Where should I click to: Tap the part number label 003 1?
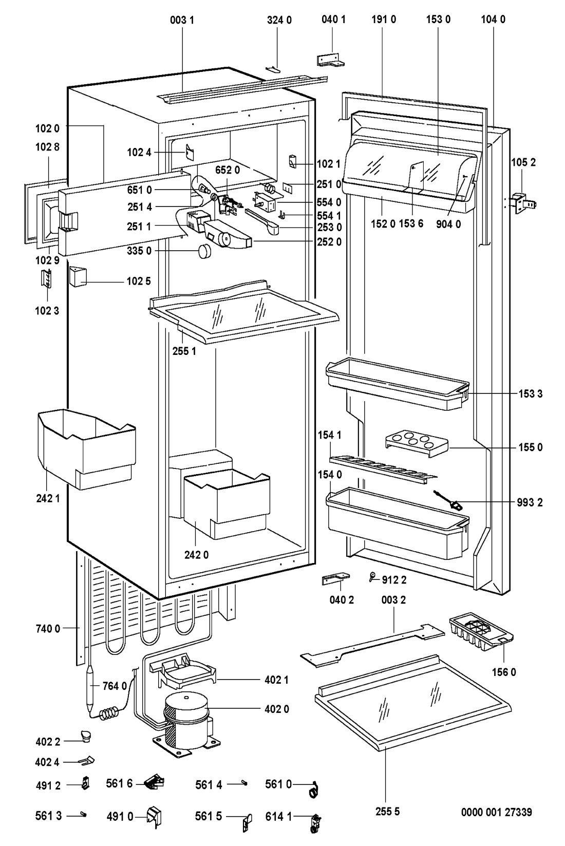[x=182, y=20]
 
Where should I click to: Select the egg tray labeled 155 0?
[x=417, y=443]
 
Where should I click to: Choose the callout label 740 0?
[x=48, y=628]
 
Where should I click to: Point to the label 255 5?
[x=387, y=811]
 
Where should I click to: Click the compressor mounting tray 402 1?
[x=183, y=673]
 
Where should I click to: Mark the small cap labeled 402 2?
[x=86, y=736]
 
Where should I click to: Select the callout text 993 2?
[x=530, y=502]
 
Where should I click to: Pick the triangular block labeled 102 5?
[x=78, y=277]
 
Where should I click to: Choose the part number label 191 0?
[x=384, y=19]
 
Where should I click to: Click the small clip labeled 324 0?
[x=273, y=68]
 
